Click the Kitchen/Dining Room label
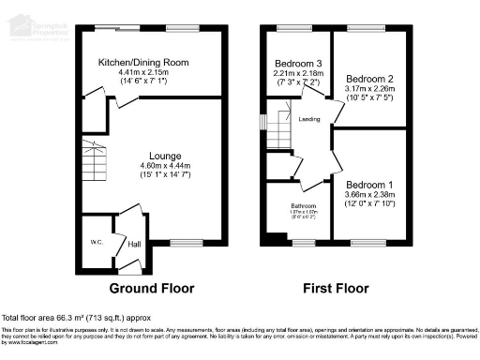pos(144,62)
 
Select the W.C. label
pos(96,242)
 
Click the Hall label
pos(134,244)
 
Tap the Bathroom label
pos(302,206)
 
